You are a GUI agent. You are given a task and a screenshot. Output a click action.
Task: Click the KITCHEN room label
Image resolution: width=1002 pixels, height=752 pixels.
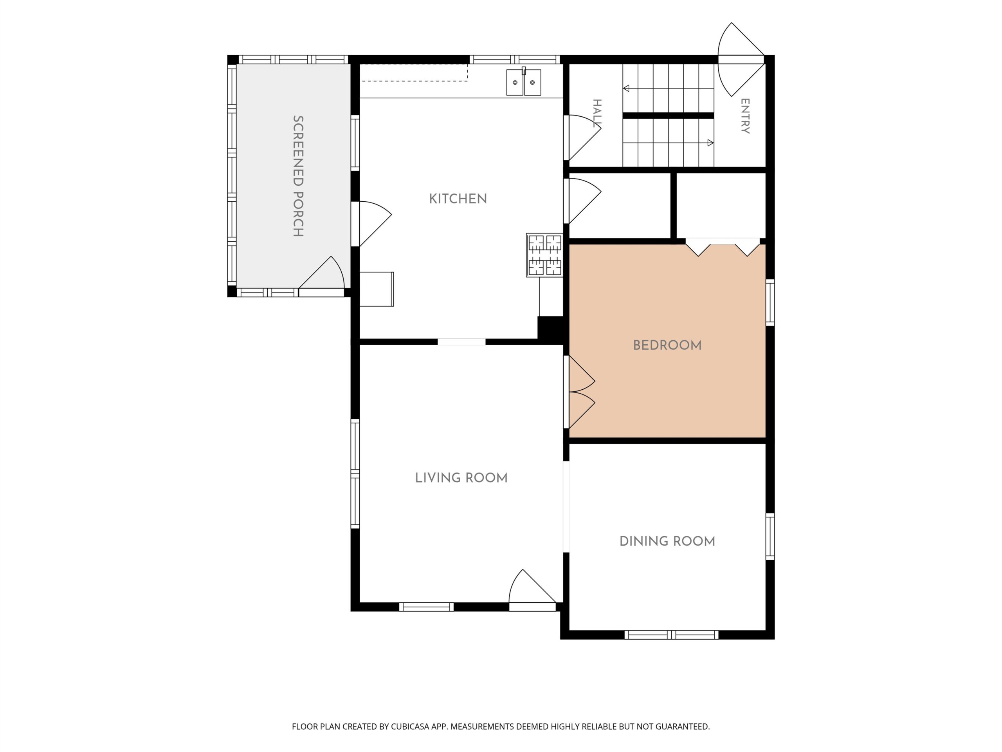[458, 199]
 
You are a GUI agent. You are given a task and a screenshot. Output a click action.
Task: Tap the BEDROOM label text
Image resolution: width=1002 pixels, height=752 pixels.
[667, 345]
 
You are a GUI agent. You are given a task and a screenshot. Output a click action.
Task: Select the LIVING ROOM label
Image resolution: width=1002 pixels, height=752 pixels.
[461, 478]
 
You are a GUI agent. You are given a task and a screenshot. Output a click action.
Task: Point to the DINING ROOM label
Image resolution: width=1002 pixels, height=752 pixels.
[667, 541]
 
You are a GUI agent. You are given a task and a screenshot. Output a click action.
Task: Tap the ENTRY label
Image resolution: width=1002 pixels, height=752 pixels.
[745, 116]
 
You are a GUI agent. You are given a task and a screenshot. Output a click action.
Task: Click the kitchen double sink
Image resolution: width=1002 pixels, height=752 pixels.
[524, 82]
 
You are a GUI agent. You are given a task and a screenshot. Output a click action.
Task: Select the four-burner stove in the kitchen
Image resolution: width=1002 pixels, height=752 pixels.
[544, 255]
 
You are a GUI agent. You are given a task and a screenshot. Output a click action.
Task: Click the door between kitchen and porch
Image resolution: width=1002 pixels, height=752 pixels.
[371, 224]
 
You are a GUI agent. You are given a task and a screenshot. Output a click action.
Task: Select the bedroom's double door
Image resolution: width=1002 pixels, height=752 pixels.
[580, 392]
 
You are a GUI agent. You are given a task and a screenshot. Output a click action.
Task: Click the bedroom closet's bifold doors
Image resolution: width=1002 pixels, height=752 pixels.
[723, 247]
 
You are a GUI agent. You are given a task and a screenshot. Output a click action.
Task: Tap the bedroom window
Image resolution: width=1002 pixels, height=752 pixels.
[770, 303]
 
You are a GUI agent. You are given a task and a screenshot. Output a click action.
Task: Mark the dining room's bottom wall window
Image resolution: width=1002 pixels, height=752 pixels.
[671, 635]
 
